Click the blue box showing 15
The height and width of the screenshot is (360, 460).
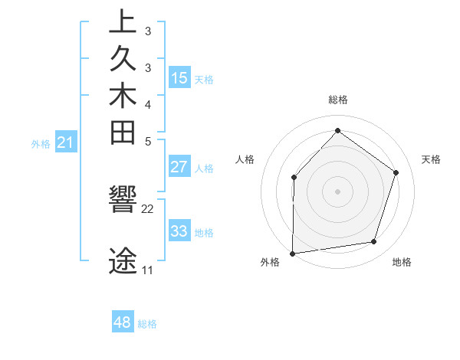(179, 77)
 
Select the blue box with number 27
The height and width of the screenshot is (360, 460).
(179, 167)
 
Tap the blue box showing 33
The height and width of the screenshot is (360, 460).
(179, 231)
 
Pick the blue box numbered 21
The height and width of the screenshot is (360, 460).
(66, 142)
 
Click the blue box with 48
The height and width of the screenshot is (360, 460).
(123, 322)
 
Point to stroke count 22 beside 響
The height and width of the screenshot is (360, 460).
(148, 208)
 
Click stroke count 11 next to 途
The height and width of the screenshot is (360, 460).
(147, 270)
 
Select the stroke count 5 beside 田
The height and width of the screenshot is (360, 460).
(148, 141)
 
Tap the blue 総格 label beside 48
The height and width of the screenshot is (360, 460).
(147, 324)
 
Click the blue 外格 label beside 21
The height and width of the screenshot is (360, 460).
(41, 143)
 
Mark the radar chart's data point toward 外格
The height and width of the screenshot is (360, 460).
(292, 253)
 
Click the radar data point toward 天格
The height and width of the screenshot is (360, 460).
(396, 172)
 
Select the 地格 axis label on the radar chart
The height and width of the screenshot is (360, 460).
(402, 263)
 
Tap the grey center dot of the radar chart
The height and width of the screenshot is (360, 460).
(337, 191)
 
